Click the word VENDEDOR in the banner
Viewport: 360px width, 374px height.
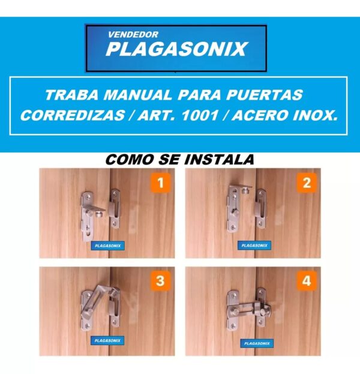click(133, 35)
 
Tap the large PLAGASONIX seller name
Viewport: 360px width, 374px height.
click(177, 49)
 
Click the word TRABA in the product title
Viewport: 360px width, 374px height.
click(71, 95)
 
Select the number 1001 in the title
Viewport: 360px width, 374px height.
click(200, 116)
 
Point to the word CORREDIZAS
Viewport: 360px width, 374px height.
click(72, 116)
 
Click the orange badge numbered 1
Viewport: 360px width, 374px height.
click(161, 182)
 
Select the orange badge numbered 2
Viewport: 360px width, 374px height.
click(307, 182)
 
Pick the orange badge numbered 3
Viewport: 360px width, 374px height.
click(160, 281)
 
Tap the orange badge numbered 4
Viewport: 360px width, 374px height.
click(307, 281)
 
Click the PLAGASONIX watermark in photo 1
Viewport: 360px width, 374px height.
click(108, 246)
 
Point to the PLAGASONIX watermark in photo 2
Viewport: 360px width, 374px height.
click(254, 246)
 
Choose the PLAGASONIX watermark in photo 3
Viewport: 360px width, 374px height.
click(107, 340)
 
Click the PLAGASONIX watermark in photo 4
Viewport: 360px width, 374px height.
click(257, 343)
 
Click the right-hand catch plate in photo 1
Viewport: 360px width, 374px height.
click(115, 208)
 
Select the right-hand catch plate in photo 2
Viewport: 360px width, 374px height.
click(261, 209)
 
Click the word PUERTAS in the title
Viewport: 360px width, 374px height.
click(264, 95)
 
